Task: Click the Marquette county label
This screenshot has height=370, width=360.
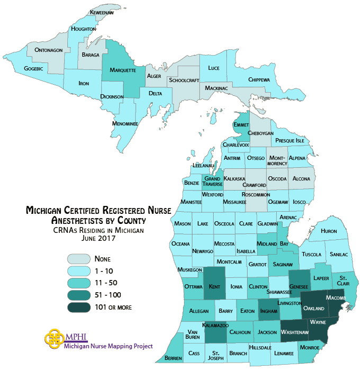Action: [123, 70]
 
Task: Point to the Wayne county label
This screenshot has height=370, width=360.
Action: [318, 321]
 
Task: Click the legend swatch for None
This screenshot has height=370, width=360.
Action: [77, 259]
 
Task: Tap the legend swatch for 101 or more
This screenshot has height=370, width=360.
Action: [77, 306]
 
